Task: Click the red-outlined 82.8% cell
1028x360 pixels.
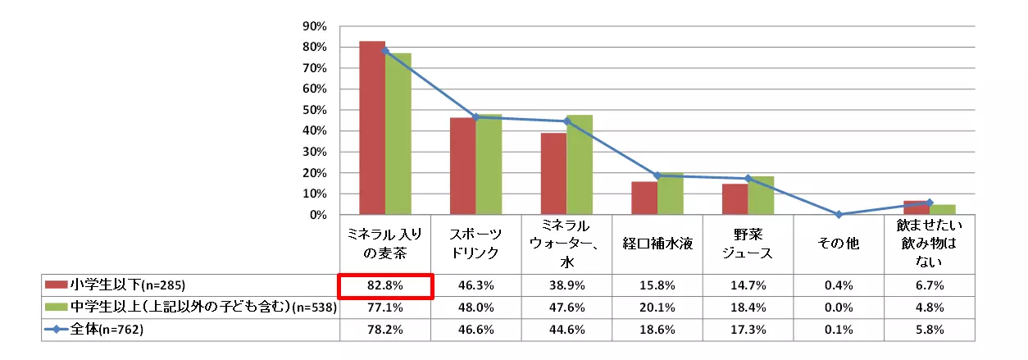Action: pyautogui.click(x=385, y=286)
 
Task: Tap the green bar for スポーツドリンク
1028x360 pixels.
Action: pyautogui.click(x=489, y=164)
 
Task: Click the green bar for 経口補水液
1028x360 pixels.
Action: pyautogui.click(x=670, y=194)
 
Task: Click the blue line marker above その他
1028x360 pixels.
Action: pyautogui.click(x=839, y=214)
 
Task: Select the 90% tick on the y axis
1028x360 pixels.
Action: pyautogui.click(x=315, y=26)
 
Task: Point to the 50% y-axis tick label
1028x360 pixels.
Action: pyautogui.click(x=315, y=110)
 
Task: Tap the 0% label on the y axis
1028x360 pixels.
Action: pyautogui.click(x=318, y=215)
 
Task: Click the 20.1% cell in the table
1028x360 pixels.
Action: pyautogui.click(x=657, y=308)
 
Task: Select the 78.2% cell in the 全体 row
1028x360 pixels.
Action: pyautogui.click(x=385, y=330)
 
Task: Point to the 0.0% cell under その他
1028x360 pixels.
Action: pyautogui.click(x=839, y=308)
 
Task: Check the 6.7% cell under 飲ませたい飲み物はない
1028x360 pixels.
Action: pyautogui.click(x=930, y=286)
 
